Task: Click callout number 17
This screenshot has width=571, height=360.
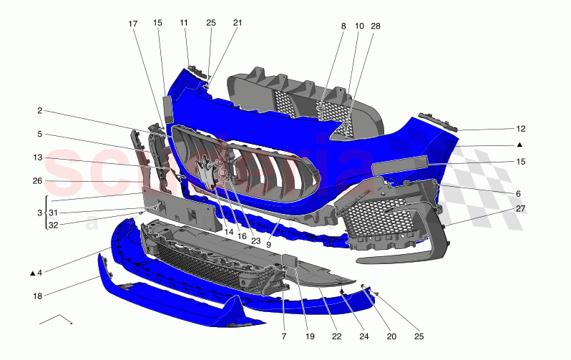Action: coord(133,24)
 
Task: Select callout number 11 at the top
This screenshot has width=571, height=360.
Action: coord(184,23)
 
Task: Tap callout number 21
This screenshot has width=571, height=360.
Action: coord(238,23)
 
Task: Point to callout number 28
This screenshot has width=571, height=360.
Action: coord(376,26)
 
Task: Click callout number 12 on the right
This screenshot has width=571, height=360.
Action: coord(521,130)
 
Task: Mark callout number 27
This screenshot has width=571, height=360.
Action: coord(521,209)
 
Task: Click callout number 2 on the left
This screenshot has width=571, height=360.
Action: coord(40,111)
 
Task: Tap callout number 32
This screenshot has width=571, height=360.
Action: coord(53,225)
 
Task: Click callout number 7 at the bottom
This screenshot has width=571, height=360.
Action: coord(284,336)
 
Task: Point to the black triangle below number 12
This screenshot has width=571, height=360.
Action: coord(519,145)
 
